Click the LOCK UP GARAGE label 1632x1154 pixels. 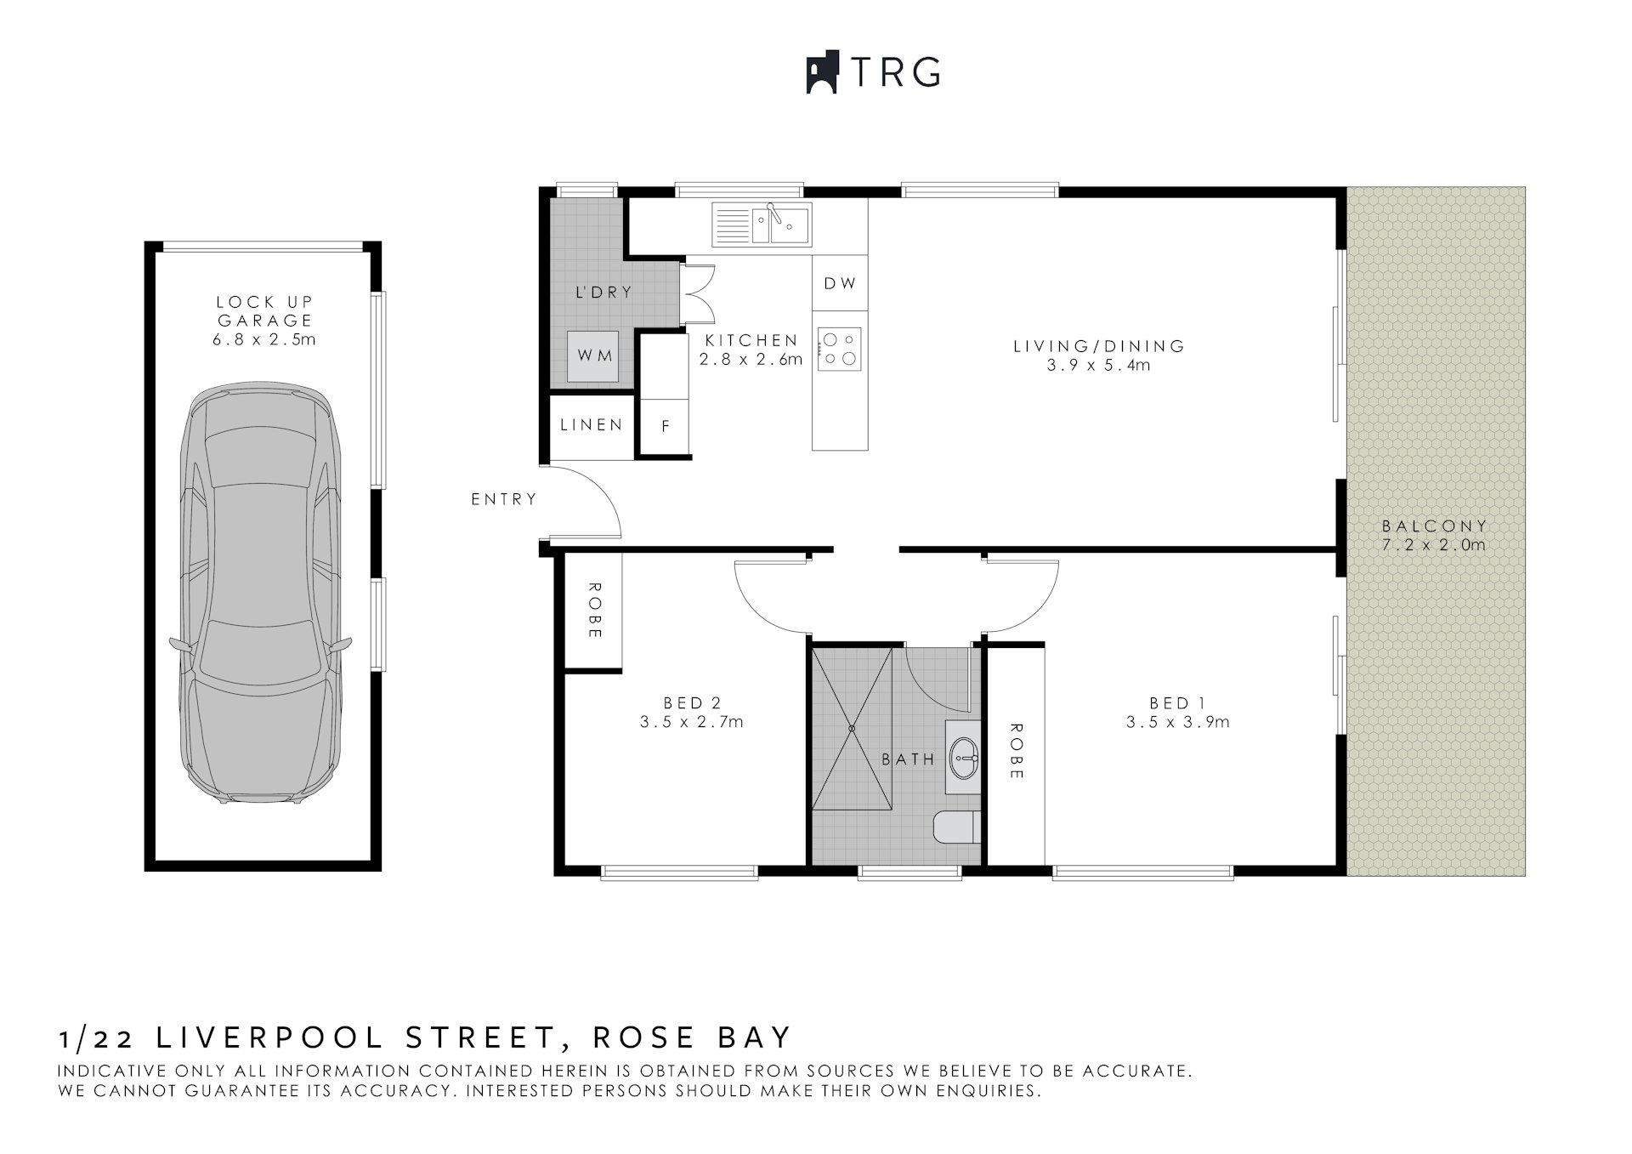pos(265,311)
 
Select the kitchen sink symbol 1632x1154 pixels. pos(762,225)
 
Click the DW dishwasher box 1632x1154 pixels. pos(840,283)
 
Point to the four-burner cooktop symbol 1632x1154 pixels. pos(840,349)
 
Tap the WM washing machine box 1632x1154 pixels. pos(595,355)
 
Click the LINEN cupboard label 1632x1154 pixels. pos(592,424)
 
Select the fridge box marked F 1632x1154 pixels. pos(666,427)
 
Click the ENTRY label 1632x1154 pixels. pos(504,499)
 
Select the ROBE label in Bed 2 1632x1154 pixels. pos(594,611)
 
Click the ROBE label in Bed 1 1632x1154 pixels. pos(1016,751)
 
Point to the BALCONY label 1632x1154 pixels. pos(1435,526)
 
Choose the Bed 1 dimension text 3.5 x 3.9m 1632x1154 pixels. pos(1177,722)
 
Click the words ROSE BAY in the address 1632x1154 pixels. pos(691,1037)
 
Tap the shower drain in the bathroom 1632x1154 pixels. pos(852,728)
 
